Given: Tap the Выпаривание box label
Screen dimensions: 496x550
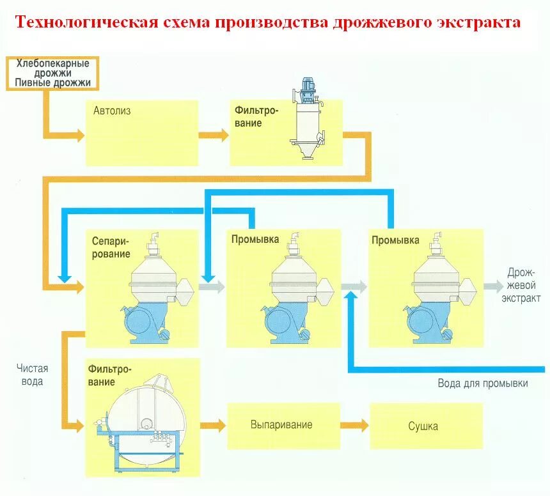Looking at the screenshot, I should (281, 425).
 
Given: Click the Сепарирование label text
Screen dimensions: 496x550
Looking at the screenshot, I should (111, 247).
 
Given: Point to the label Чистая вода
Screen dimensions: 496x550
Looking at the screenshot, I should (32, 375).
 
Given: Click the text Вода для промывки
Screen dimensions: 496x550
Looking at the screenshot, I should (483, 384).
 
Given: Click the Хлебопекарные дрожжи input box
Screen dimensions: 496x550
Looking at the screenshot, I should (52, 73).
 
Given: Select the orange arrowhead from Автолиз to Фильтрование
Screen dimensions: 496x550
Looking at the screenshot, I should (222, 135).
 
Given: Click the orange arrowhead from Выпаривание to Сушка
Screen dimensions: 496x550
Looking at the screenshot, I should (363, 425).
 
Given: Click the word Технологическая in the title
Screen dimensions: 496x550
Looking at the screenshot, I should (86, 23).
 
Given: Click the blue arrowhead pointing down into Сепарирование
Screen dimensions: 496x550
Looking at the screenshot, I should (64, 277).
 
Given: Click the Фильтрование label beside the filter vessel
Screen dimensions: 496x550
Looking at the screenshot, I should (256, 116).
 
